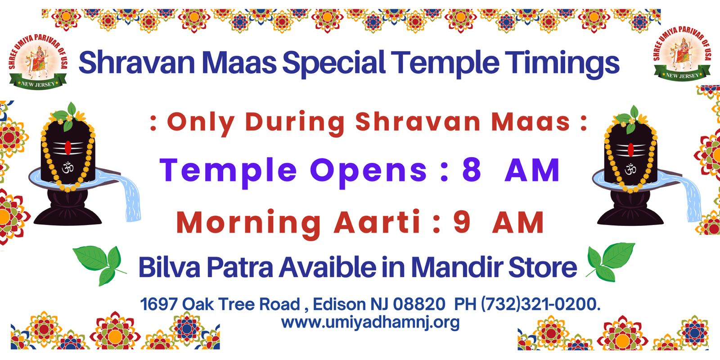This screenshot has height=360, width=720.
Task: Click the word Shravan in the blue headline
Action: coord(137,62)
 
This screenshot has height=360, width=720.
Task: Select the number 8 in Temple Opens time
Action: coord(472,170)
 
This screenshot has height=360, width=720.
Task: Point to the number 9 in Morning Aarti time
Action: coord(462,222)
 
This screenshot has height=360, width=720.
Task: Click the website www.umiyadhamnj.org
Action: coord(370,322)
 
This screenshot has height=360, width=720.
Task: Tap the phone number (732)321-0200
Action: coord(540,304)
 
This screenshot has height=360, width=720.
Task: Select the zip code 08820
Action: coord(419,304)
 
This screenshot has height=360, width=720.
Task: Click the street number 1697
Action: coord(159,304)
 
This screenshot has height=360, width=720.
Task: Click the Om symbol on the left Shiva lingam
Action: coord(68,167)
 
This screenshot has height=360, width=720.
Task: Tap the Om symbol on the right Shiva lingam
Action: coord(630,169)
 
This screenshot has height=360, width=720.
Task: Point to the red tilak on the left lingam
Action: coord(68,148)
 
